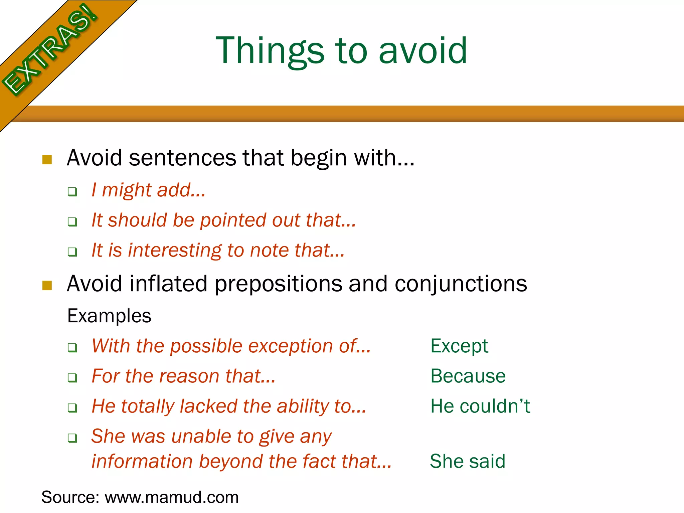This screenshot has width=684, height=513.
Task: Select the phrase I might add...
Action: pos(148,190)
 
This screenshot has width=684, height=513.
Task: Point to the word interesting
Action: pos(175,250)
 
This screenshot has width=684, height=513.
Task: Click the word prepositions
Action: pos(278,284)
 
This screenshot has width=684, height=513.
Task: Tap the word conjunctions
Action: pos(461,284)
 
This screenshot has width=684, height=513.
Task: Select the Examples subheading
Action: pos(109,316)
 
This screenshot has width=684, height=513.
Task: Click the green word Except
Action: pos(459,346)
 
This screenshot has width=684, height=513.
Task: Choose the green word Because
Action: pos(468,376)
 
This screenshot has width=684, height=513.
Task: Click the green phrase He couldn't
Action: pos(480,406)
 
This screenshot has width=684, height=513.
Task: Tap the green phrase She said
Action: pos(468,462)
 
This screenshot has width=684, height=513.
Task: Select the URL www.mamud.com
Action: pos(172,497)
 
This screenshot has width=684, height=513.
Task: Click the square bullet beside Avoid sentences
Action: pos(47,160)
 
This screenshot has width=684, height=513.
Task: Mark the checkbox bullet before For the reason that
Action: pos(72,378)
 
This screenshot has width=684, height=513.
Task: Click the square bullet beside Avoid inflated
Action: pos(47,286)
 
